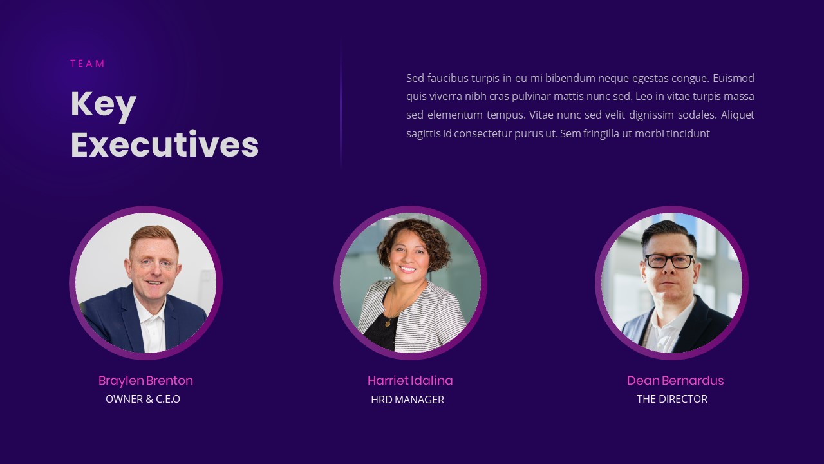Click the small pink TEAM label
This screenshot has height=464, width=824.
point(88,64)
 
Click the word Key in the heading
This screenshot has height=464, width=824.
point(103,104)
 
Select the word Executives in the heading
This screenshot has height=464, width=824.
point(165,144)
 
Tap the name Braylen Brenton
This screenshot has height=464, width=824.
point(145,381)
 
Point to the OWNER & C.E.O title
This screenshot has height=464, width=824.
point(143,400)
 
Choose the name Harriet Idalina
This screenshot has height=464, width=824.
point(410,381)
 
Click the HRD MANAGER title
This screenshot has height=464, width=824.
point(407,400)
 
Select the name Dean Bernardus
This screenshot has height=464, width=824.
point(675,381)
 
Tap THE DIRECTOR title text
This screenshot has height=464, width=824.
point(672,400)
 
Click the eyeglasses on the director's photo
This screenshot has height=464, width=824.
point(669,261)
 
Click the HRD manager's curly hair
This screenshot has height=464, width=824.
point(413,235)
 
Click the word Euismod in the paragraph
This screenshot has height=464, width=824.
point(733,79)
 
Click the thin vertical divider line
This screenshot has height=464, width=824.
point(341,103)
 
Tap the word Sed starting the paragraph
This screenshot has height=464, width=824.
point(415,79)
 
